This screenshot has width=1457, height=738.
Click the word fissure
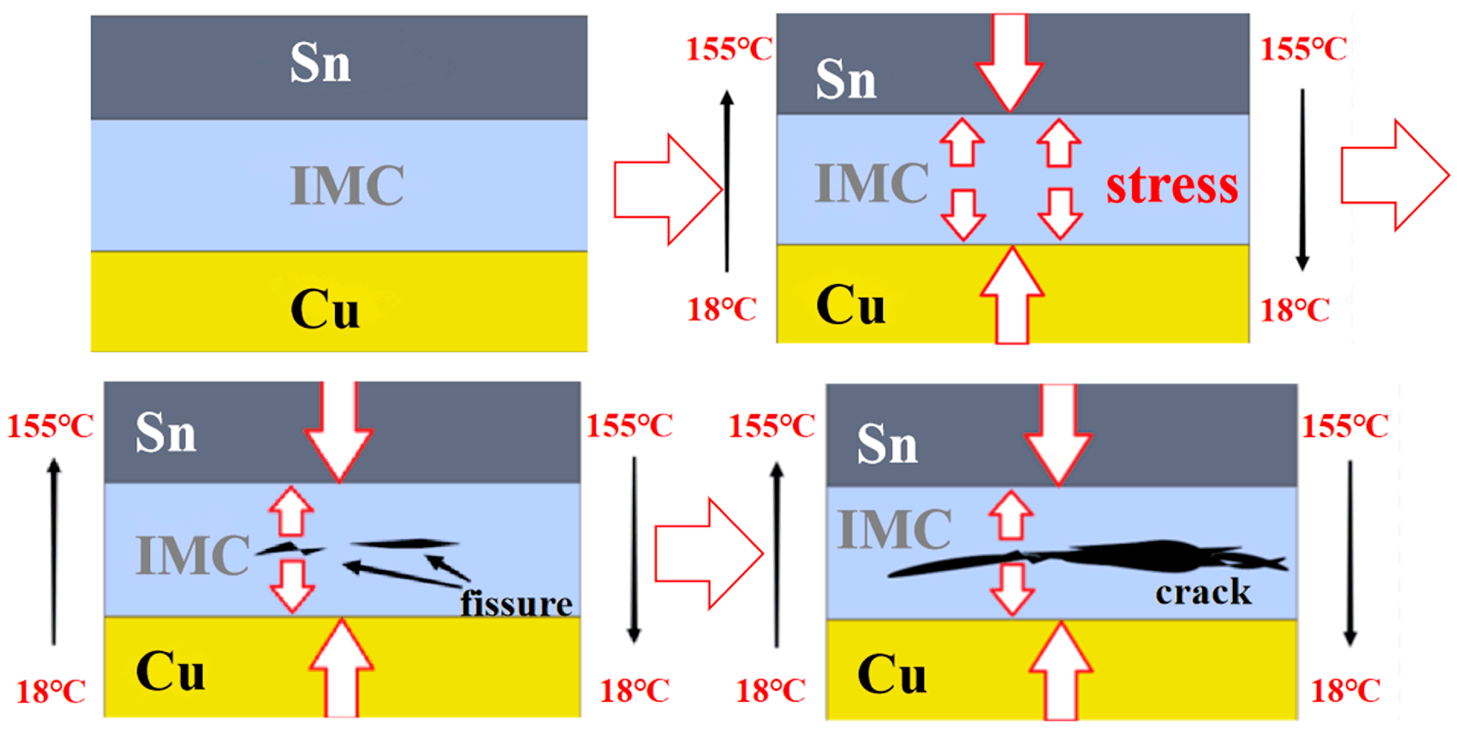pyautogui.click(x=516, y=603)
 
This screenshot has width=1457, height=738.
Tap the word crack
pyautogui.click(x=1203, y=592)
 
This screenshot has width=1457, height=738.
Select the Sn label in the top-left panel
pyautogui.click(x=320, y=63)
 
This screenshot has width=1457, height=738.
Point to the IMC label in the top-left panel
pyautogui.click(x=347, y=186)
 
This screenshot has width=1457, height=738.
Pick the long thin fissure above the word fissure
pyautogui.click(x=404, y=544)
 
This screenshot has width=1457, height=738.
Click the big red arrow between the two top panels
pyautogui.click(x=667, y=190)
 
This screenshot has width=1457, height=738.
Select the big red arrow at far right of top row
pyautogui.click(x=1395, y=175)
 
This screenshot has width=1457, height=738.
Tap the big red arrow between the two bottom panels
pyautogui.click(x=709, y=554)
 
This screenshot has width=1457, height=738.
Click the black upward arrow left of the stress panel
pyautogui.click(x=727, y=181)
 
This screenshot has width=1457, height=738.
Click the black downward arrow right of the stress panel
pyautogui.click(x=1303, y=180)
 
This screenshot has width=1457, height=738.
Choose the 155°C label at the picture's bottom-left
pyautogui.click(x=50, y=427)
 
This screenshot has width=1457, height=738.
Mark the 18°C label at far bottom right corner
pyautogui.click(x=1345, y=691)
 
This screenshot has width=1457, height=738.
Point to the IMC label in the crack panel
pyautogui.click(x=894, y=529)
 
